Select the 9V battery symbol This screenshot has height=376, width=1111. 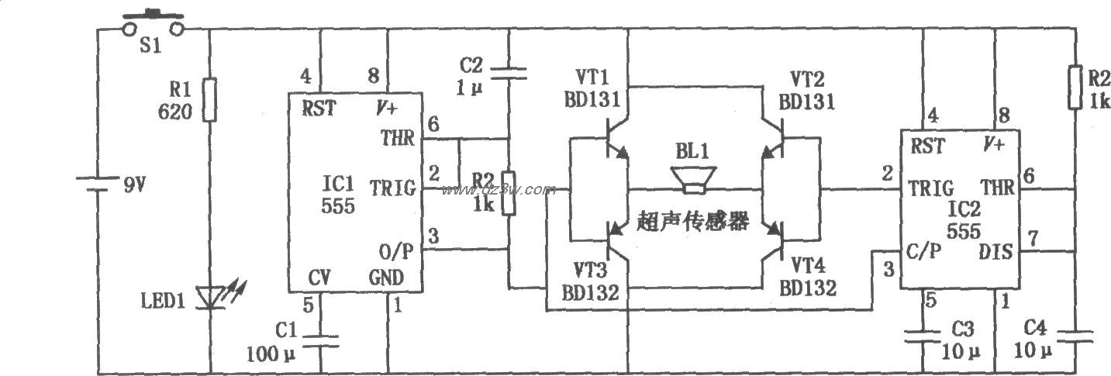tap(98, 185)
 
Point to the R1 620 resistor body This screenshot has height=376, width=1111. tap(210, 99)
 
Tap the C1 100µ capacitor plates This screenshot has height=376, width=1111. tap(319, 341)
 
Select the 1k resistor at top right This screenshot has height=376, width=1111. tap(1076, 88)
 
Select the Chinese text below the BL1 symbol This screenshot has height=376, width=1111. tap(693, 222)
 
